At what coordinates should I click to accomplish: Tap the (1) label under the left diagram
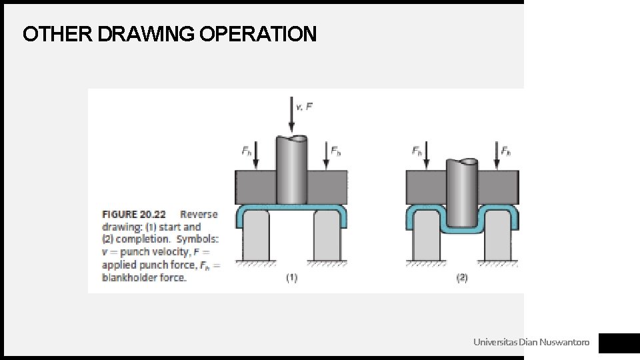291,278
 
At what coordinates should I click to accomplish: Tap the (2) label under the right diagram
462,278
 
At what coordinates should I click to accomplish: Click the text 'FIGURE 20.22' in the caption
134,215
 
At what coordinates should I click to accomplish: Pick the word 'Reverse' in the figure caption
199,215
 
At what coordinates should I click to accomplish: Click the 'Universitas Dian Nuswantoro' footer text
531,343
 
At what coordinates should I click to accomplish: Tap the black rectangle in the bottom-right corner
618,343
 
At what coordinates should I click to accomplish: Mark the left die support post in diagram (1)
257,237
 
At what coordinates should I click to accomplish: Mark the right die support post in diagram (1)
327,237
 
